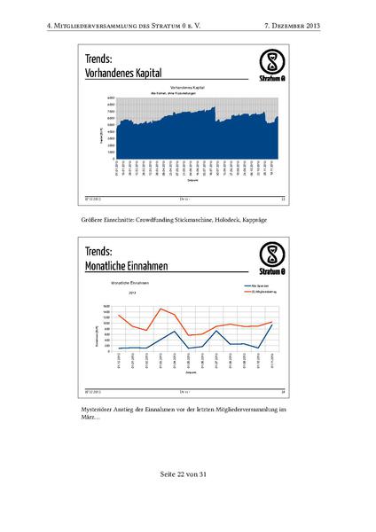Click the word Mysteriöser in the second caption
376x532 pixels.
[98, 409]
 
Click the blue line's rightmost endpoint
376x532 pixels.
[272, 325]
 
